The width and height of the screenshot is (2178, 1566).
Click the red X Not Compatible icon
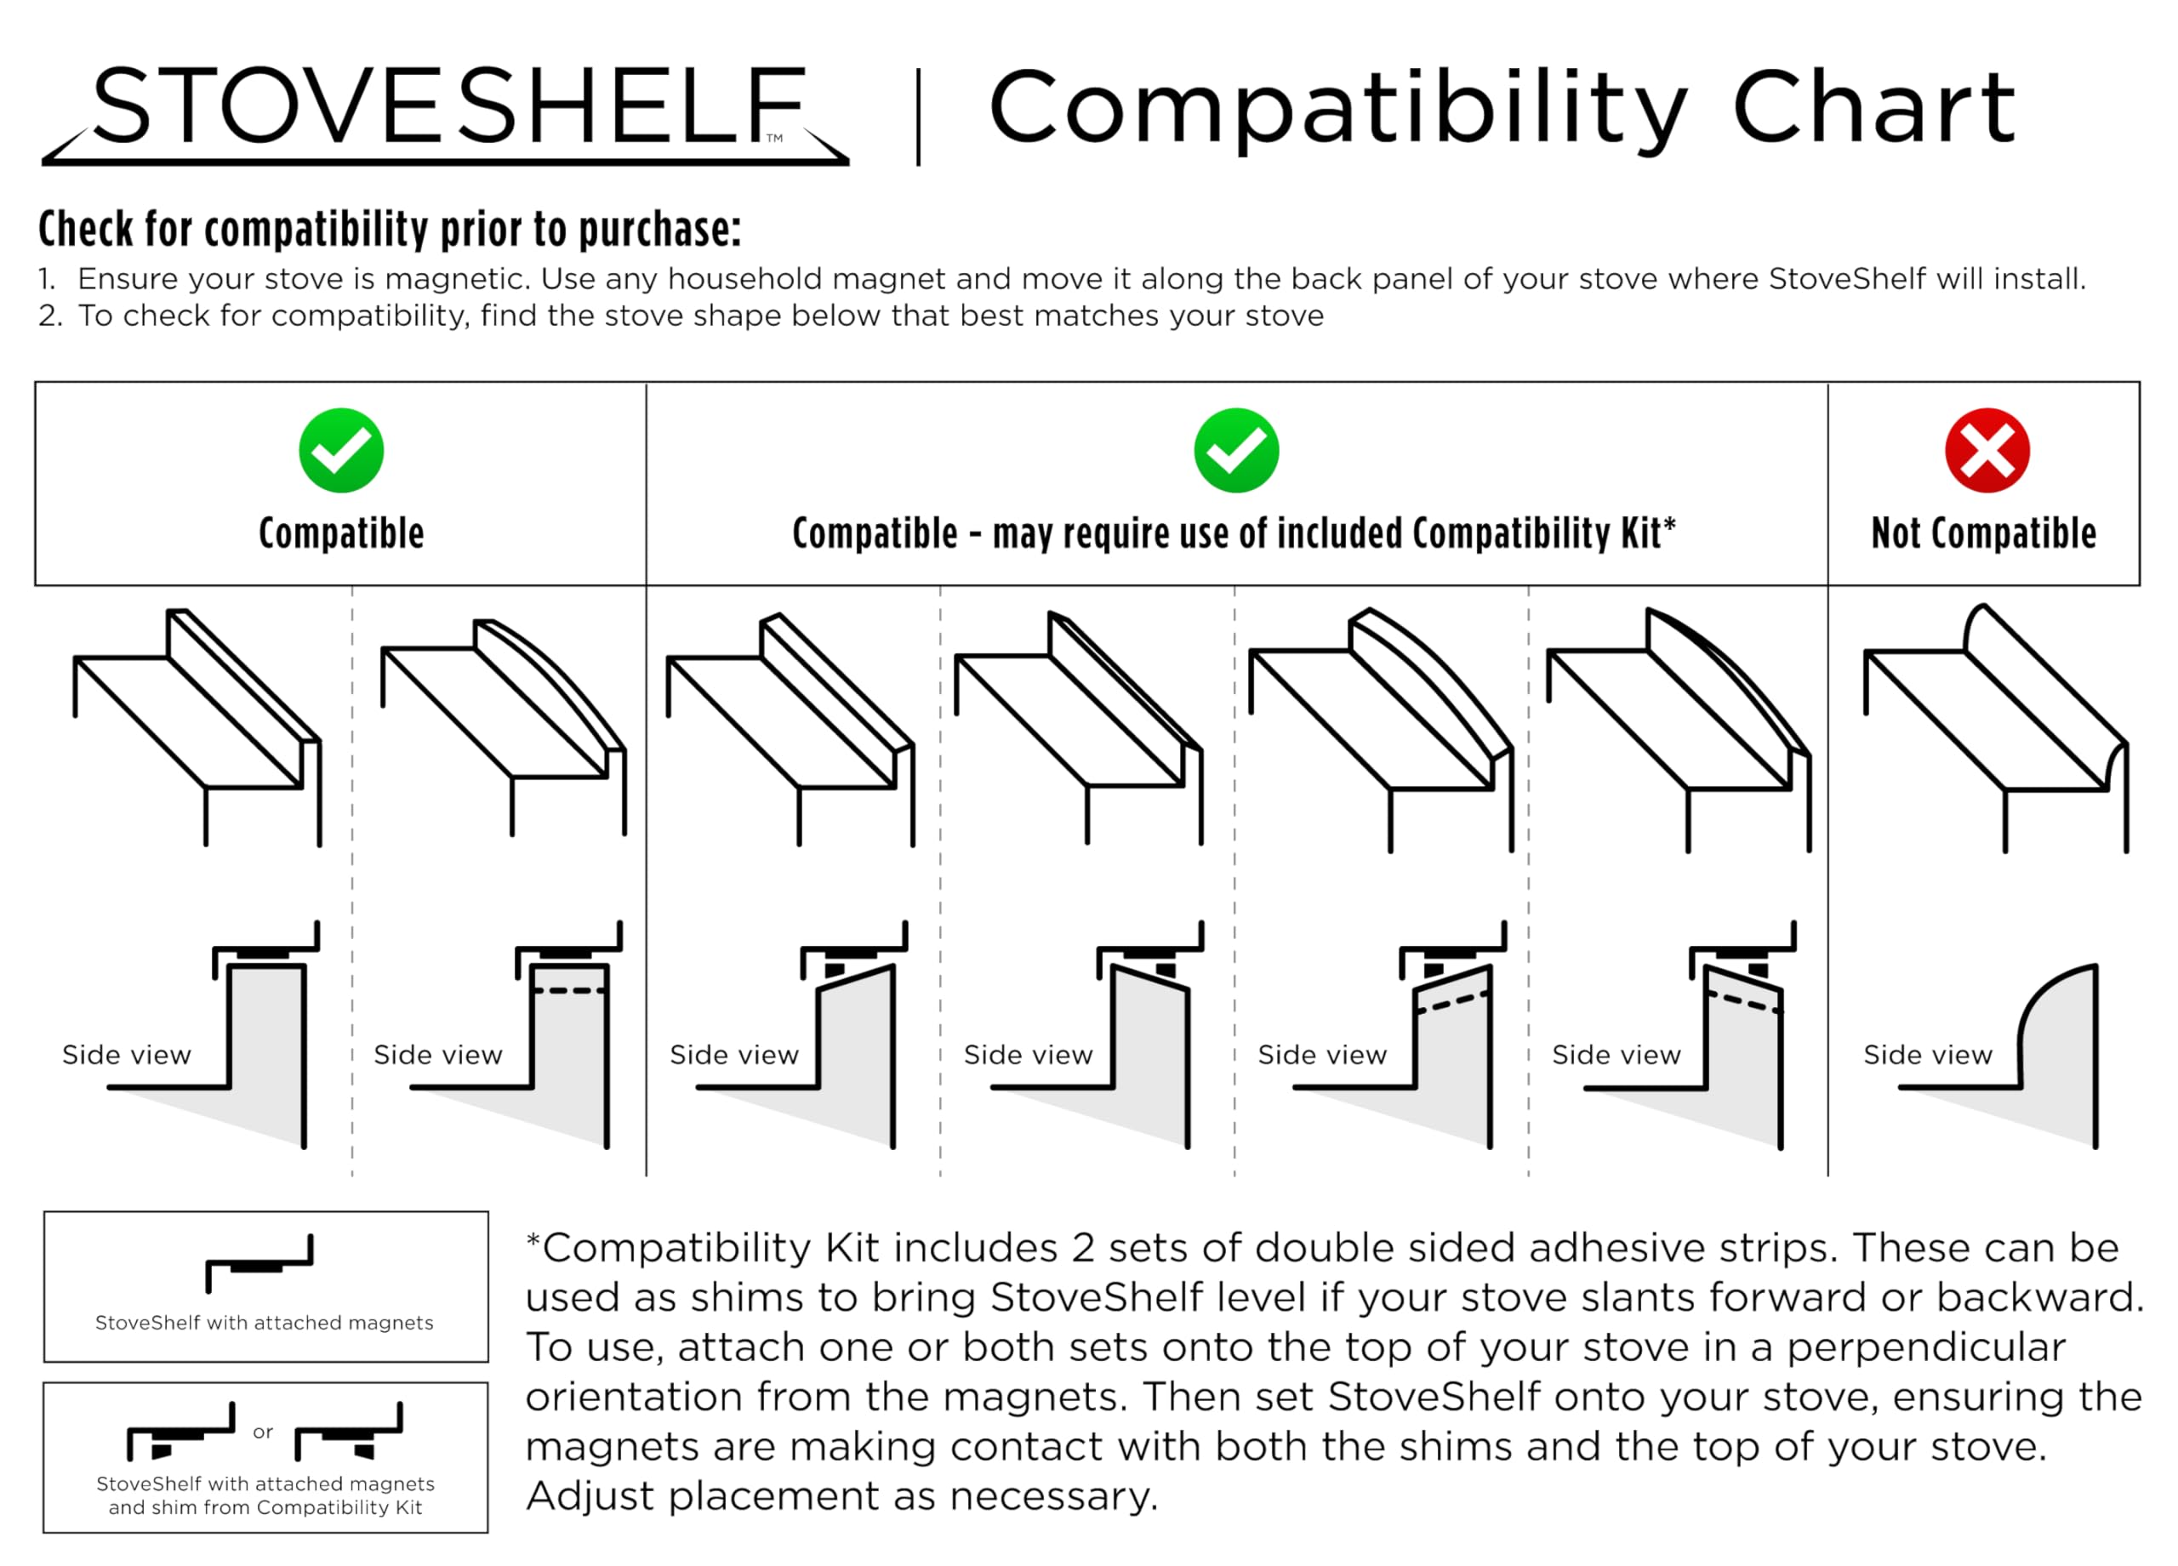pos(1987,450)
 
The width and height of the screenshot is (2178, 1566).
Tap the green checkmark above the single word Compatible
pos(341,450)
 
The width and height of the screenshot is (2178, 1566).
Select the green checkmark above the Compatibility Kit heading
pos(1236,450)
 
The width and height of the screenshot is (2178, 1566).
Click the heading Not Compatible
pos(1983,532)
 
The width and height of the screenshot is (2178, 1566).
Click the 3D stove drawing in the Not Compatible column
pos(1996,726)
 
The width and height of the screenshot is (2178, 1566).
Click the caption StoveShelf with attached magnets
pos(264,1323)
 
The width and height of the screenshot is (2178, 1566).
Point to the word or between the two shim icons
pos(263,1432)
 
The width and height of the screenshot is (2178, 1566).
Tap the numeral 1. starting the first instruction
pos(47,279)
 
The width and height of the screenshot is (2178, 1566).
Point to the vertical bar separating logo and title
pos(918,117)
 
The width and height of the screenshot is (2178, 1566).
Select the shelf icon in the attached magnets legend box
pos(259,1261)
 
